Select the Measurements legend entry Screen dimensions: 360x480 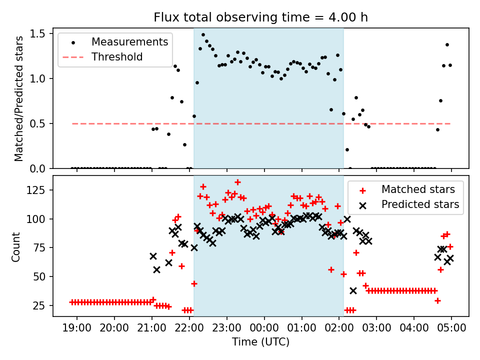tap(129, 42)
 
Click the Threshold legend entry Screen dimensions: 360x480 tap(116, 56)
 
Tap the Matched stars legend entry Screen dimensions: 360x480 tap(417, 189)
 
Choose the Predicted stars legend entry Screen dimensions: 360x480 tap(420, 204)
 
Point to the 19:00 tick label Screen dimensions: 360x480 tap(77, 329)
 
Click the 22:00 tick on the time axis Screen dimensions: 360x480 tap(189, 329)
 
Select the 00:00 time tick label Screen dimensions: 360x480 tap(264, 329)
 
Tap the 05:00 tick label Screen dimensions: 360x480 tap(451, 329)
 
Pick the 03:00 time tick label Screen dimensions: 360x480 tap(376, 329)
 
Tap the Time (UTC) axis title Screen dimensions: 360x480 tap(260, 342)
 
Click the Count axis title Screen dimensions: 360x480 tap(16, 246)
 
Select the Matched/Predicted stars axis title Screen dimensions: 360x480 tap(19, 98)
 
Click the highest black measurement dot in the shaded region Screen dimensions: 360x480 tap(203, 35)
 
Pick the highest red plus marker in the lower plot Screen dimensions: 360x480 tap(237, 182)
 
